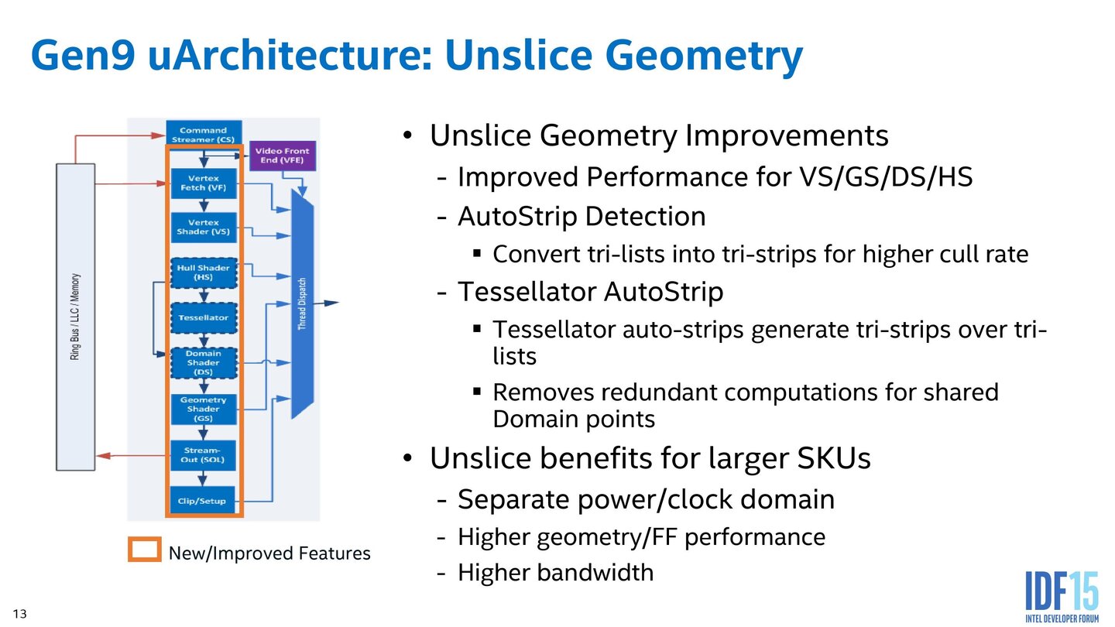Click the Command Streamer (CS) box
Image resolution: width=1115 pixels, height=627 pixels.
pyautogui.click(x=204, y=135)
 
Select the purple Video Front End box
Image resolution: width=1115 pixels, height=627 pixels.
pyautogui.click(x=282, y=156)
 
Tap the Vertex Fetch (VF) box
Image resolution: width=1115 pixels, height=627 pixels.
pyautogui.click(x=204, y=183)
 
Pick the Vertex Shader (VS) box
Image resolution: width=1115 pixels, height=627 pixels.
pyautogui.click(x=204, y=227)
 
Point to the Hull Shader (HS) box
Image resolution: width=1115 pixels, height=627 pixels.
pyautogui.click(x=204, y=272)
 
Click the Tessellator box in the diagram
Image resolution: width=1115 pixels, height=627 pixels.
pyautogui.click(x=204, y=317)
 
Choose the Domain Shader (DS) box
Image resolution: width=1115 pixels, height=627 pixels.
pyautogui.click(x=204, y=362)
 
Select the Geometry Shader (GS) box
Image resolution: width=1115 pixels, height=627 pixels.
pyautogui.click(x=204, y=409)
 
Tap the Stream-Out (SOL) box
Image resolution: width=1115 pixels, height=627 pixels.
pyautogui.click(x=202, y=454)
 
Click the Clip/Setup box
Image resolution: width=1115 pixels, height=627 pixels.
pyautogui.click(x=202, y=501)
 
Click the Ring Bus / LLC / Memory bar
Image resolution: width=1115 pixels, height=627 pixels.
pyautogui.click(x=76, y=317)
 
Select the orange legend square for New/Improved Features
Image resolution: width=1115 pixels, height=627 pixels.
pyautogui.click(x=145, y=550)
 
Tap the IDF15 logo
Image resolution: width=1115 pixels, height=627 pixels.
pyautogui.click(x=1061, y=597)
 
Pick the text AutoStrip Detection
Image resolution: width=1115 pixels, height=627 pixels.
pyautogui.click(x=582, y=216)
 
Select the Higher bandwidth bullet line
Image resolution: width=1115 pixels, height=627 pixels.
pyautogui.click(x=555, y=573)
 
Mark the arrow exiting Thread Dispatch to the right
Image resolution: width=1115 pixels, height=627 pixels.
pyautogui.click(x=328, y=303)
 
